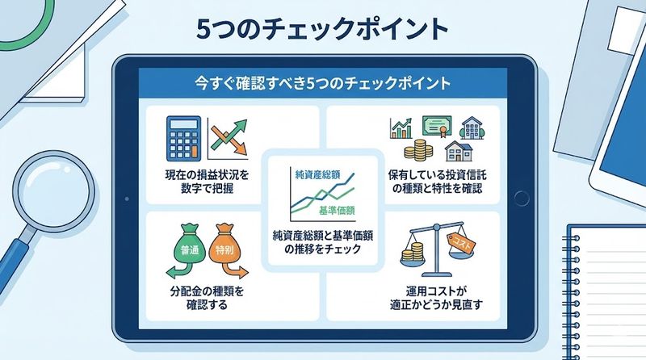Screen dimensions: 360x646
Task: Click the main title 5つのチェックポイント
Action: (322, 28)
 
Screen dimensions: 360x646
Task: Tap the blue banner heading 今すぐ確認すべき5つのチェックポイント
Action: (322, 84)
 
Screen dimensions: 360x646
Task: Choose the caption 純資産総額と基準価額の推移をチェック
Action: (323, 242)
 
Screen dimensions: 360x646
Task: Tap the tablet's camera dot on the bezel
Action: (124, 200)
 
